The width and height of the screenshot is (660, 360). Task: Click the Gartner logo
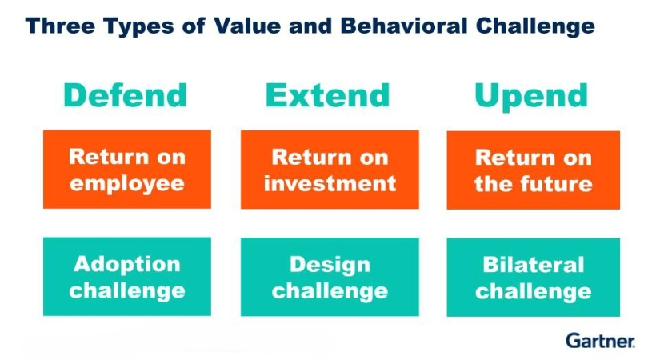click(600, 341)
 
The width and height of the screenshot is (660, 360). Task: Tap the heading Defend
click(125, 95)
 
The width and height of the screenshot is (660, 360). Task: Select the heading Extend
click(328, 95)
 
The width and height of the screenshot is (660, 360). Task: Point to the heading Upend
click(531, 98)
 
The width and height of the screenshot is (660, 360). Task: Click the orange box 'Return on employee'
click(127, 170)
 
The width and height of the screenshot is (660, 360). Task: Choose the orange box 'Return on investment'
click(330, 170)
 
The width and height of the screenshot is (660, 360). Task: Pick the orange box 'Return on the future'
click(534, 170)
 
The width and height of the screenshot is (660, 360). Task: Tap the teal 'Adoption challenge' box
click(127, 277)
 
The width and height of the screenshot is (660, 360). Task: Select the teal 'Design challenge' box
click(330, 277)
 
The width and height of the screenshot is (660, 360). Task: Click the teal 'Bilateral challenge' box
click(534, 278)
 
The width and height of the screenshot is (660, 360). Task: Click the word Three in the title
click(61, 26)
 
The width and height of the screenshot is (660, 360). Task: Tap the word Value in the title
click(247, 26)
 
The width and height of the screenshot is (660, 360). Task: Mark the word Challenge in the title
click(535, 27)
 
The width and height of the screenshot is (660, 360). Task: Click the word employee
click(127, 185)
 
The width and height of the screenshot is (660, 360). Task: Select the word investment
click(330, 183)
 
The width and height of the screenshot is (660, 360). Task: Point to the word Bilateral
click(534, 265)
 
